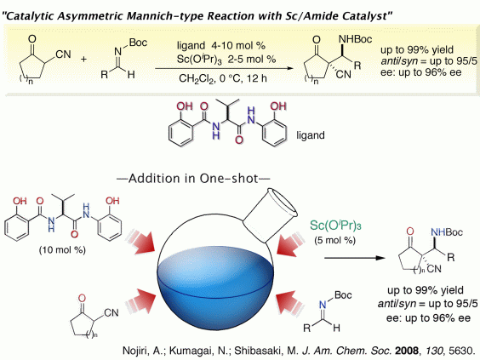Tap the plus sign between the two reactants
[x=83, y=59]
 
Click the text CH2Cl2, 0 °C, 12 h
[x=223, y=78]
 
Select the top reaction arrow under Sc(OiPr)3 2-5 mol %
[x=224, y=68]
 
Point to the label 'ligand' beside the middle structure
[x=311, y=135]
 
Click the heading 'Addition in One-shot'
[x=193, y=178]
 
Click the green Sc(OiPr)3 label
[x=335, y=226]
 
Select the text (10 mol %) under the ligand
[x=62, y=250]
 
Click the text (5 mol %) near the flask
[x=335, y=240]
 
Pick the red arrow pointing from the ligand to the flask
[x=140, y=241]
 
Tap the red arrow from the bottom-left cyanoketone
[x=140, y=301]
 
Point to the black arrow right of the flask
[x=355, y=258]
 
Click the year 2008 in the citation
[x=407, y=351]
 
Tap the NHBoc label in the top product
[x=356, y=39]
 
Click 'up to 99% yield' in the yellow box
[x=417, y=49]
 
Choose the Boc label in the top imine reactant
[x=138, y=43]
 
